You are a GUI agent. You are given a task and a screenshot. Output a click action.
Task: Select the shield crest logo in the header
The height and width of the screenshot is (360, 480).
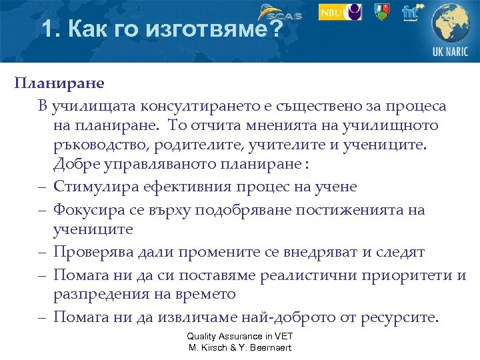[382, 12]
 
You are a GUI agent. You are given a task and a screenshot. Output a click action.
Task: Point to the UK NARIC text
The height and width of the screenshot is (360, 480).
[451, 53]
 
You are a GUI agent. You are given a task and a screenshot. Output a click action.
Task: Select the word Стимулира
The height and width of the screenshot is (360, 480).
[92, 186]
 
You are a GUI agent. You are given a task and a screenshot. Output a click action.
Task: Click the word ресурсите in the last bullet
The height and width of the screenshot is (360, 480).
[399, 317]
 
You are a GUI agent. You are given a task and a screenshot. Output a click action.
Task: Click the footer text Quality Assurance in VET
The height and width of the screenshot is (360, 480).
[239, 337]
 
